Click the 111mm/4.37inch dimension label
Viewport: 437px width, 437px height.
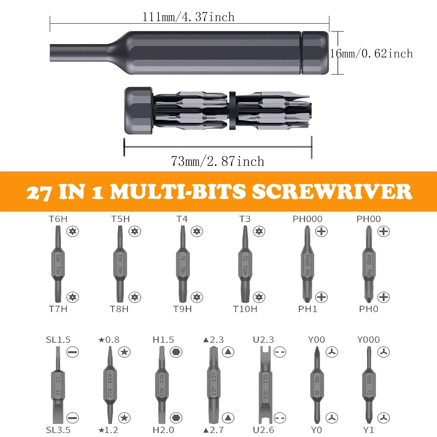click(x=188, y=17)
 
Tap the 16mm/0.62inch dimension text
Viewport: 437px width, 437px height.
click(x=371, y=54)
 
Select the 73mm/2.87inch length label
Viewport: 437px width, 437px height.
click(x=218, y=161)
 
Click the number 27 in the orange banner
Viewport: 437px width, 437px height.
click(x=39, y=193)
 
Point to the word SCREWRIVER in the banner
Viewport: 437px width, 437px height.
click(x=332, y=192)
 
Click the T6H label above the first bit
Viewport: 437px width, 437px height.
click(x=58, y=219)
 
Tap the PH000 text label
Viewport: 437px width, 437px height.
click(x=307, y=219)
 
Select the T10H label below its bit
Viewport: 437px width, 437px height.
click(x=245, y=309)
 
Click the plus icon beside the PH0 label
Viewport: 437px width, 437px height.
click(x=383, y=297)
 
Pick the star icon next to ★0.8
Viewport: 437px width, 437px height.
click(x=124, y=352)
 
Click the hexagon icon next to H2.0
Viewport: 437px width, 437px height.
click(x=176, y=418)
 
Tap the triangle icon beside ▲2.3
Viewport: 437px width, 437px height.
click(x=228, y=352)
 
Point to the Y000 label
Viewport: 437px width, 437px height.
click(x=368, y=340)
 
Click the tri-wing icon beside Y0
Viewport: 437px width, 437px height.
click(x=332, y=418)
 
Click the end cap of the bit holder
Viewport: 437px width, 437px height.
click(x=138, y=111)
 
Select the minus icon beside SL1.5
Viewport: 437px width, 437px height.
click(x=73, y=352)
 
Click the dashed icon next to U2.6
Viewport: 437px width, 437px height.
click(x=280, y=418)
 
